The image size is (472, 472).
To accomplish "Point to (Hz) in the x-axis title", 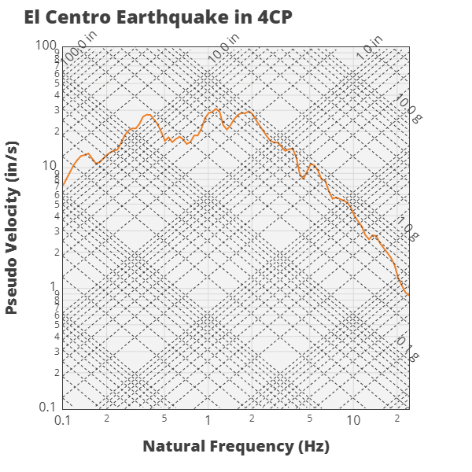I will tap(312, 447).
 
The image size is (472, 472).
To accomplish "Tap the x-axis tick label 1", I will tap(208, 421).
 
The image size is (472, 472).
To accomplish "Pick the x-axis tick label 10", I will tap(353, 421).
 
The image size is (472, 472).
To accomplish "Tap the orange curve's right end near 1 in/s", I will tap(407, 295).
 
